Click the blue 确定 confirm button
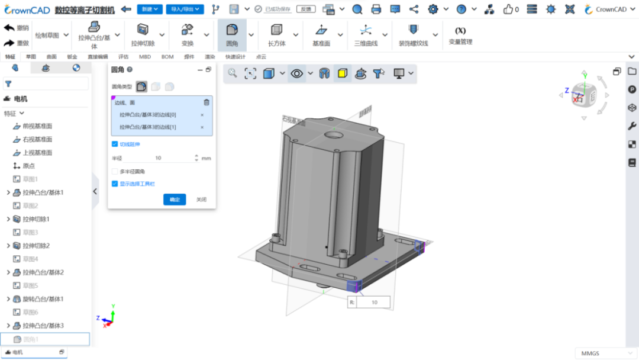pos(175,200)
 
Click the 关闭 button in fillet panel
pos(201,200)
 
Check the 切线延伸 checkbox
pos(115,144)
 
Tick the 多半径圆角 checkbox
pos(115,171)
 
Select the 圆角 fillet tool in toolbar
pos(233,34)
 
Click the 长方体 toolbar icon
pos(276,34)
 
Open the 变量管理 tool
pos(460,35)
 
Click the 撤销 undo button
pos(17,28)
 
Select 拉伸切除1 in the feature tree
pos(35,219)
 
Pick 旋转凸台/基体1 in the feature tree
pos(43,299)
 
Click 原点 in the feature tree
pos(28,166)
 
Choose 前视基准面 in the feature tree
pos(37,126)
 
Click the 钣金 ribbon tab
pos(72,57)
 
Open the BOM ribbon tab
pos(167,57)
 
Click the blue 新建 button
pos(149,9)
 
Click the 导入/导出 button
pos(185,9)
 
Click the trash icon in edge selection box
pos(206,102)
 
